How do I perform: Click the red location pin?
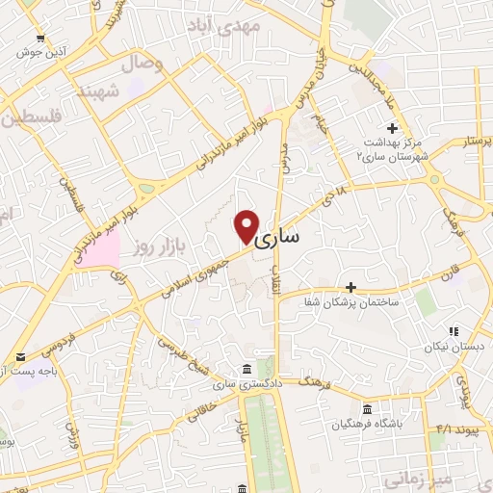(247, 225)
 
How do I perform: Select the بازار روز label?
(159, 247)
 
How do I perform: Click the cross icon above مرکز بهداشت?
(392, 128)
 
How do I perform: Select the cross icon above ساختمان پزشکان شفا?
(351, 287)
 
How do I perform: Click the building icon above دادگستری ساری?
(247, 370)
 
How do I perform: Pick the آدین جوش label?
(38, 52)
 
